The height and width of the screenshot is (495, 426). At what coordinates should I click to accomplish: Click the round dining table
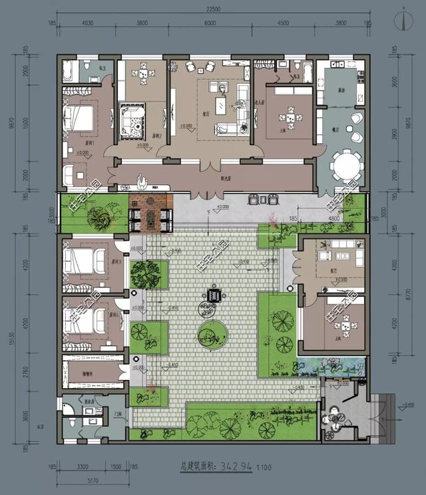point(346,166)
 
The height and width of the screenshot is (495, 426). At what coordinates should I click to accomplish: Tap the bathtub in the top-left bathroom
point(70,70)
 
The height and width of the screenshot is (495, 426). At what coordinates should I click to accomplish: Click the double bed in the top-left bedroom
point(79,118)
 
